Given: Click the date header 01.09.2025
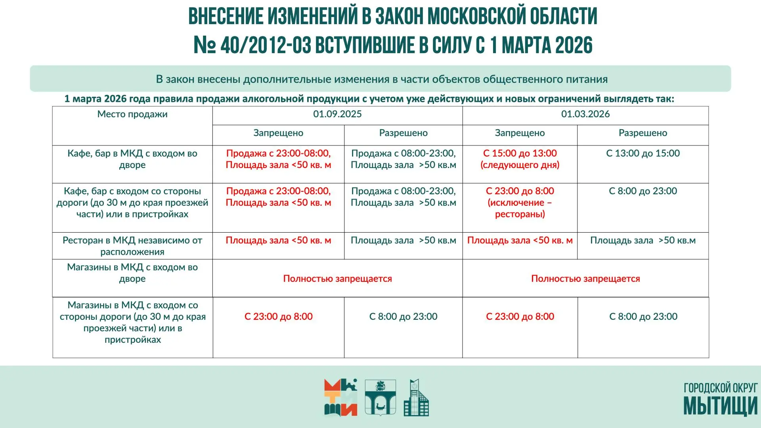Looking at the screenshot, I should coord(337,114).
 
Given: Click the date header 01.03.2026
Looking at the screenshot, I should coord(585,114).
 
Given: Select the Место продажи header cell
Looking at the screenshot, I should coord(132,114).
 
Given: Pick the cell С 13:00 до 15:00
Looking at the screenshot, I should coord(642,153).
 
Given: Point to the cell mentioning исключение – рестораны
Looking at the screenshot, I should coord(520,203).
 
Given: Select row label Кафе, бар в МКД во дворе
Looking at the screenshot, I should coord(132,159).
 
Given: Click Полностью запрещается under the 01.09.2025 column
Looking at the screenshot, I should coord(337,279).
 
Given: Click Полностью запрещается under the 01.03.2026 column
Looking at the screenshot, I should coord(585,279).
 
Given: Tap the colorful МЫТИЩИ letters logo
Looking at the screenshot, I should coord(340,397).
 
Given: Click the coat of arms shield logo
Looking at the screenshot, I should coord(380,397).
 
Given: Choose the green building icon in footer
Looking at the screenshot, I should coord(416,397).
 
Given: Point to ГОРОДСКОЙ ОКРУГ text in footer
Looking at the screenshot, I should coord(720,388).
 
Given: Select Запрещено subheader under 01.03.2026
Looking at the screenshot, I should coord(520,133).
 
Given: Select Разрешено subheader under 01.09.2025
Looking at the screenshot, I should coord(403,133).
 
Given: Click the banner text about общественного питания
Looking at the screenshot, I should coord(381,79).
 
